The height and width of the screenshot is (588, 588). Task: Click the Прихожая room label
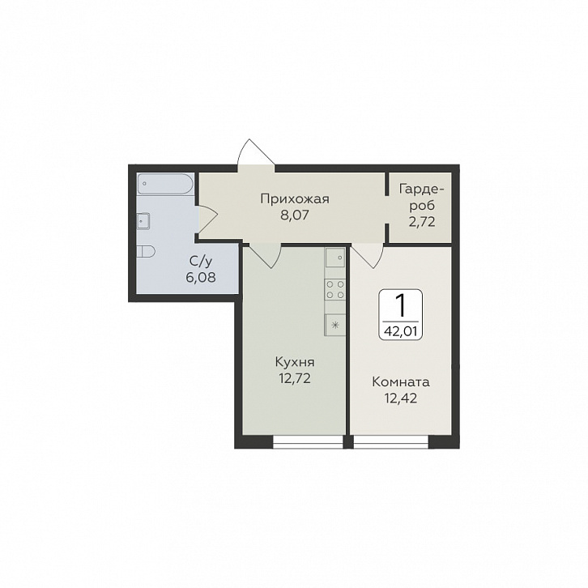[295, 199]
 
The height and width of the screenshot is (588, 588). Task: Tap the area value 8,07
[294, 216]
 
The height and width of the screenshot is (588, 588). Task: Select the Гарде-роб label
[422, 197]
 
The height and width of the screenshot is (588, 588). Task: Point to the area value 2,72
[422, 222]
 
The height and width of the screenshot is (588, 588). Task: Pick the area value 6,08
[201, 278]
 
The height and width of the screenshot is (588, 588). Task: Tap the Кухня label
[295, 363]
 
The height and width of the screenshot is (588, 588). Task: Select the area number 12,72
[295, 379]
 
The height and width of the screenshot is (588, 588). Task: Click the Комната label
[401, 382]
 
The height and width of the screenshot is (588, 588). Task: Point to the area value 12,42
[401, 398]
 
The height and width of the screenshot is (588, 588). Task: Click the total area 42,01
[400, 332]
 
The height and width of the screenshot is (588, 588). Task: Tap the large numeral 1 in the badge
[400, 305]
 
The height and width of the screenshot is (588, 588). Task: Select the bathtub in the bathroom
[165, 184]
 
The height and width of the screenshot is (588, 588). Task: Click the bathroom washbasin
[143, 220]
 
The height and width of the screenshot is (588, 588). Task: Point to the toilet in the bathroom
[146, 252]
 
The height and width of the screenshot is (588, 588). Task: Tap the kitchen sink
[334, 258]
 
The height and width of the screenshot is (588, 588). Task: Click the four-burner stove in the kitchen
[334, 289]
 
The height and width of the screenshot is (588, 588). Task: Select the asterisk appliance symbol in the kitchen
[334, 325]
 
